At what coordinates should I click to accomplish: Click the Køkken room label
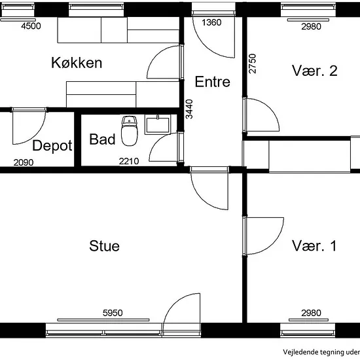pyautogui.click(x=77, y=63)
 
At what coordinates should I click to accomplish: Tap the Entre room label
pyautogui.click(x=212, y=82)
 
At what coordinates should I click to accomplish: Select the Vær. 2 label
pyautogui.click(x=315, y=71)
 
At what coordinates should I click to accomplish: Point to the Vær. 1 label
pyautogui.click(x=314, y=245)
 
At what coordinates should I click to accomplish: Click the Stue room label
pyautogui.click(x=105, y=246)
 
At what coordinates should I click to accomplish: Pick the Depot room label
pyautogui.click(x=52, y=146)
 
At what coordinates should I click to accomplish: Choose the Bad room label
pyautogui.click(x=102, y=139)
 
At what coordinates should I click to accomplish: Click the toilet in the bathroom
pyautogui.click(x=130, y=131)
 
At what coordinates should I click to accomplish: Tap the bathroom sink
pyautogui.click(x=158, y=124)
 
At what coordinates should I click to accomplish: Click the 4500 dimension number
pyautogui.click(x=31, y=26)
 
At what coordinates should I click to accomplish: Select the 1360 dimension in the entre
pyautogui.click(x=211, y=22)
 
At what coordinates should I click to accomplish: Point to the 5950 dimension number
pyautogui.click(x=113, y=313)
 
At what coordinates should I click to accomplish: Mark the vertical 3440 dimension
pyautogui.click(x=189, y=109)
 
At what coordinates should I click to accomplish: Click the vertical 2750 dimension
pyautogui.click(x=252, y=63)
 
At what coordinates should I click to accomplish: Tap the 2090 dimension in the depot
pyautogui.click(x=24, y=162)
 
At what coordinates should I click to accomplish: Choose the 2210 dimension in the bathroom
pyautogui.click(x=129, y=161)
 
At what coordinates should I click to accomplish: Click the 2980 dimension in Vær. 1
pyautogui.click(x=311, y=313)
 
